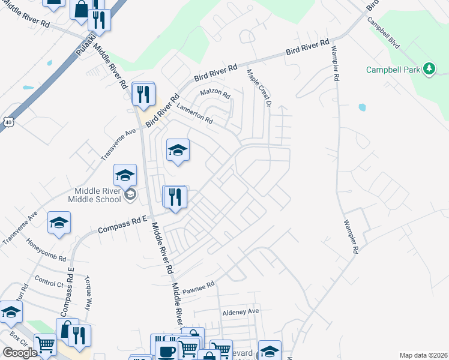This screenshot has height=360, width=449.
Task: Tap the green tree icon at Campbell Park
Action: [x=429, y=69]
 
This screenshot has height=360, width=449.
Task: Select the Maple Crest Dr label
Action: [x=260, y=88]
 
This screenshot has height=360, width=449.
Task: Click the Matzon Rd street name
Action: [x=215, y=95]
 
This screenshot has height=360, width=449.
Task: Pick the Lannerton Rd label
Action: [x=194, y=112]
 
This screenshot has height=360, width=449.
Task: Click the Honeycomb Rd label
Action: [x=46, y=249]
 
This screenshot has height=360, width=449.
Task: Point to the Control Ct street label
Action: [x=50, y=280]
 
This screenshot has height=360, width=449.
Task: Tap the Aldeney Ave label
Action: [x=240, y=311]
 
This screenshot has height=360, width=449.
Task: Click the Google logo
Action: [x=20, y=353]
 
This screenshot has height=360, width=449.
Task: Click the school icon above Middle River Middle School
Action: [x=125, y=175]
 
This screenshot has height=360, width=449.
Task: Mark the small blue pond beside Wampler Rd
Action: [x=362, y=108]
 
